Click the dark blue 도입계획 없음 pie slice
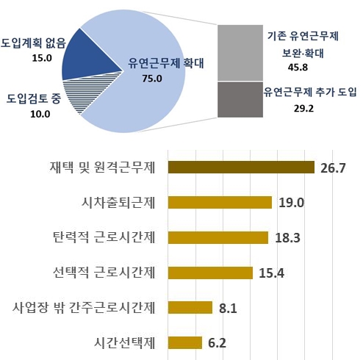88,59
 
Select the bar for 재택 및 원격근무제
242,168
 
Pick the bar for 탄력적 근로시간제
219,237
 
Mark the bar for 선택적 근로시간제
211,273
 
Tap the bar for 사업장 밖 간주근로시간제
190,307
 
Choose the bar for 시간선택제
185,342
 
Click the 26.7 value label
334,168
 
